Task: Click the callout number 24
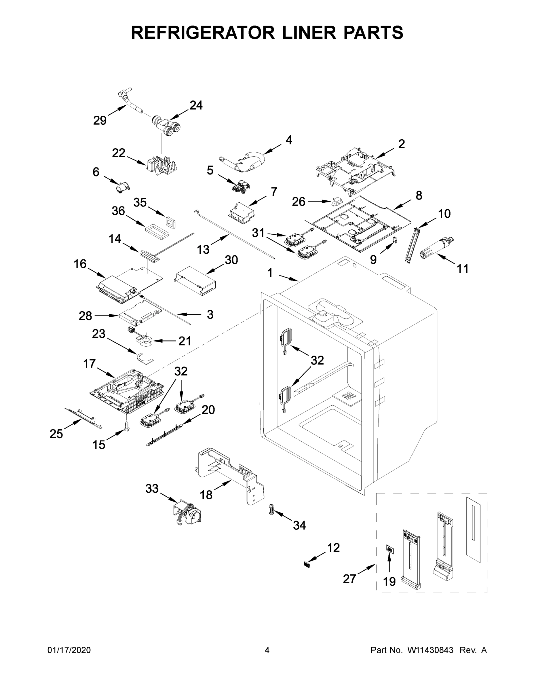tap(196, 105)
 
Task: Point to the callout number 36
tap(118, 211)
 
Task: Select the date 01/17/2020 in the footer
tap(69, 650)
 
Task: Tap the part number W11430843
tap(430, 650)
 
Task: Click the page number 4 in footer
tap(267, 650)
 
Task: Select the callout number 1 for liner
tap(270, 273)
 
